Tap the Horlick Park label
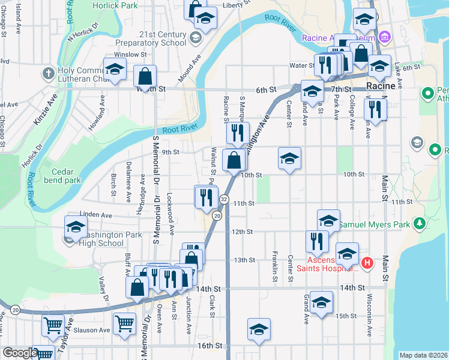(115, 5)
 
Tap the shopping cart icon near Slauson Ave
(124, 324)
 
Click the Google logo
(20, 353)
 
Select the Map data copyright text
(423, 355)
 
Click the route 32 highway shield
(224, 199)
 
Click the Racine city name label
(381, 86)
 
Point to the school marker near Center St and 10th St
(289, 159)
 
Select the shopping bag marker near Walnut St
(235, 161)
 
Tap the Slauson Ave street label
(96, 330)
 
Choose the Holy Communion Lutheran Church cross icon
(47, 74)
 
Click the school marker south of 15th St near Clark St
(259, 329)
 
